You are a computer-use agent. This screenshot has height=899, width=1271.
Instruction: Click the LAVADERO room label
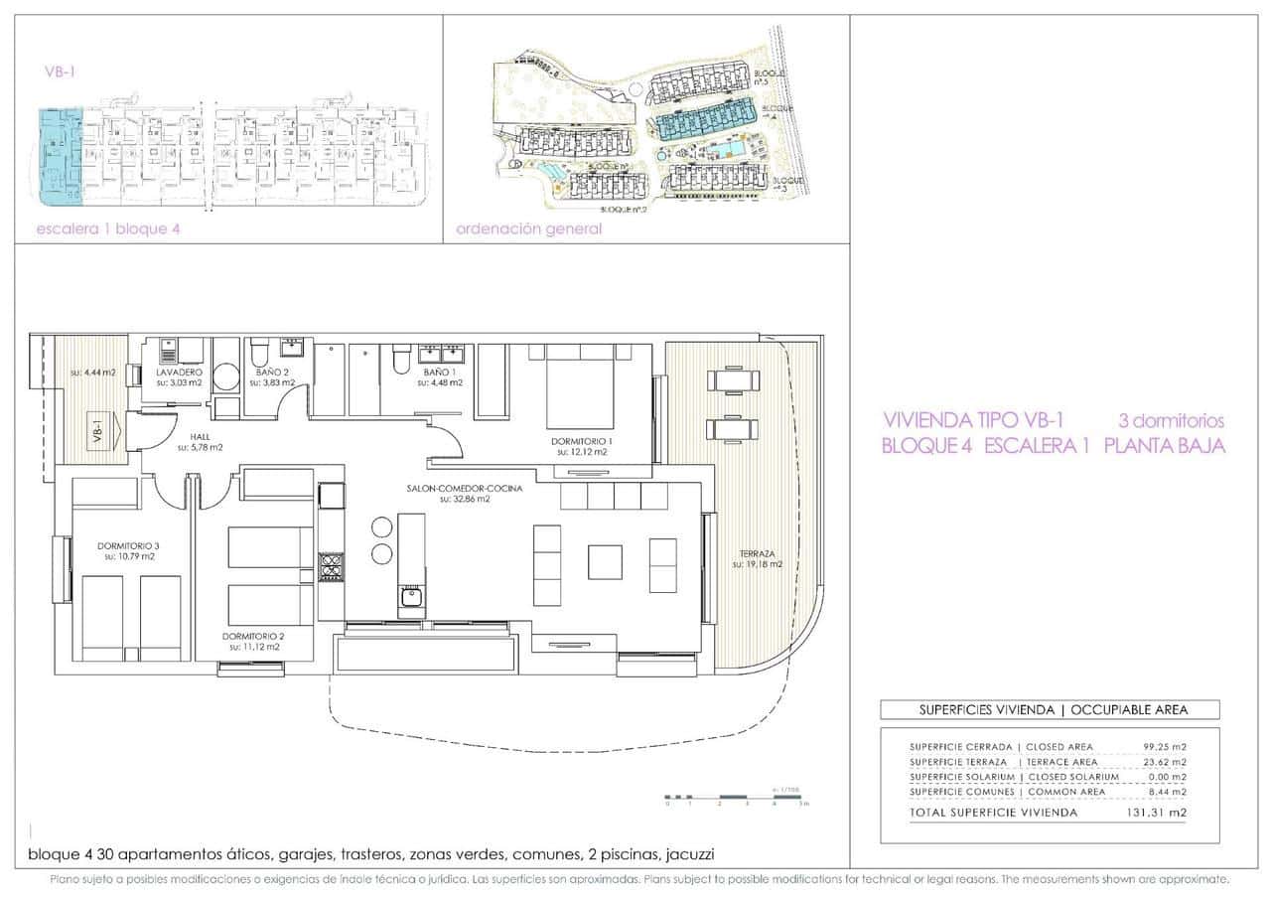[x=179, y=372]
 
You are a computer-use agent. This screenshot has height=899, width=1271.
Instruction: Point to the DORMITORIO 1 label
[x=585, y=441]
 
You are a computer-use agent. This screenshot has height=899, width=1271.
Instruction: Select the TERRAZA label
[x=757, y=553]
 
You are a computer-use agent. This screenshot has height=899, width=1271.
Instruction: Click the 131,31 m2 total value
[x=1165, y=812]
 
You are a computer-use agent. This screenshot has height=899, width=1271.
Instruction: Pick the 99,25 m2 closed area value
[x=1166, y=746]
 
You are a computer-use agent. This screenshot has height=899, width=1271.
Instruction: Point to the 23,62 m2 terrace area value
[x=1166, y=761]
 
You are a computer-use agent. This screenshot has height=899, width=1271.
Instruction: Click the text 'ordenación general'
[x=528, y=228]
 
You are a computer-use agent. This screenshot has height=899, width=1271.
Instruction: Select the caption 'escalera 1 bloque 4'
[x=108, y=228]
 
